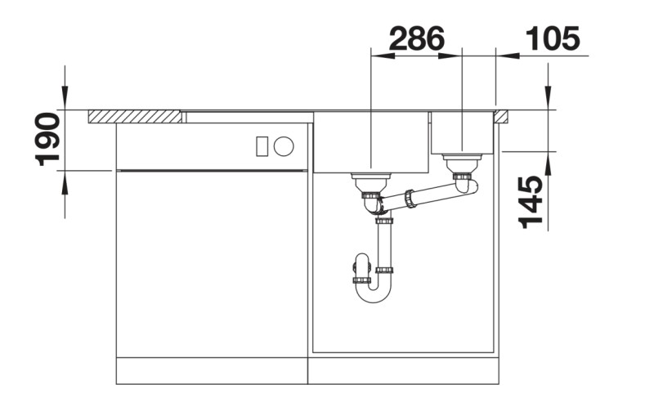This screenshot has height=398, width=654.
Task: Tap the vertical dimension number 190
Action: [48, 140]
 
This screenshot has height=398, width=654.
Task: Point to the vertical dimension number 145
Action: [531, 202]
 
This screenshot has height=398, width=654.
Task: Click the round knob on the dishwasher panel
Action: [284, 146]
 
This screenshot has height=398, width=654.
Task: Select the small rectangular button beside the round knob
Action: [262, 146]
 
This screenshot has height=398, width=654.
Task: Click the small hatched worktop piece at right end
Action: [503, 115]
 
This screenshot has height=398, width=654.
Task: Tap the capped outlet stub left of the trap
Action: [361, 266]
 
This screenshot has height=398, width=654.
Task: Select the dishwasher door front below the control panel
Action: [212, 262]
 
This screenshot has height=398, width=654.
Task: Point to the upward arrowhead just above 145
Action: [549, 160]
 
